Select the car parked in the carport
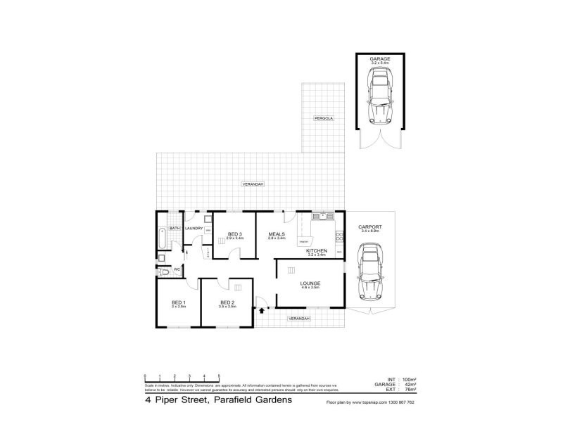(369, 273)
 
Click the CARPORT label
(369, 226)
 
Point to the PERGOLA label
(324, 118)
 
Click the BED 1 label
(177, 303)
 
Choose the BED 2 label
(227, 303)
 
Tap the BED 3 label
(235, 234)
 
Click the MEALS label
(277, 234)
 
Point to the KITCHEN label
(316, 251)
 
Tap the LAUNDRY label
(194, 228)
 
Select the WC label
(177, 268)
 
